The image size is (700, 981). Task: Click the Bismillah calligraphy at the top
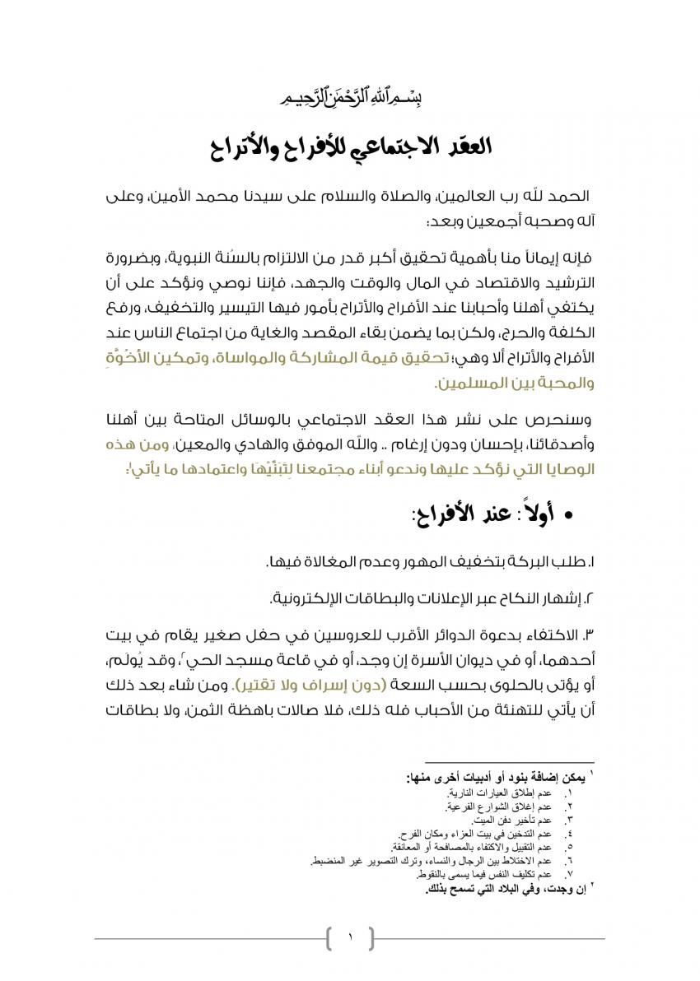pos(351,98)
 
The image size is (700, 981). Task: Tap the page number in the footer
pos(350,937)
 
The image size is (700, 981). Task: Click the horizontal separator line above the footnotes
pos(511,764)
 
